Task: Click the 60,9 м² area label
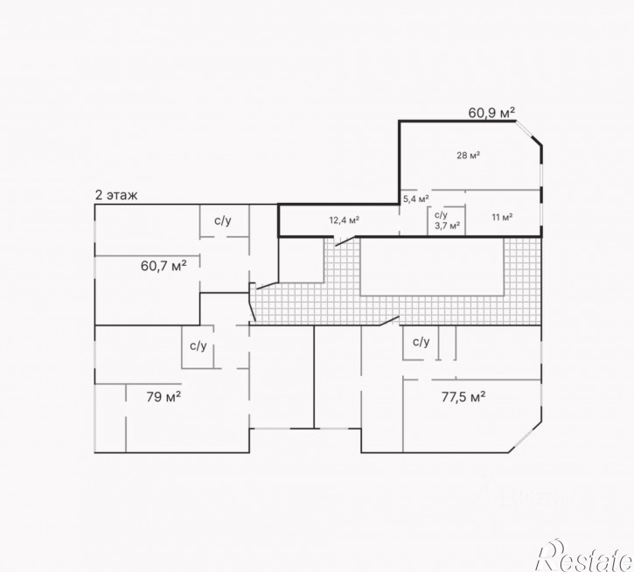coord(491,113)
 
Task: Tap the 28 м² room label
coord(468,155)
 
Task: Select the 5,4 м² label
coord(416,199)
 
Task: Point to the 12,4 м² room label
coord(344,220)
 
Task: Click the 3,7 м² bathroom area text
coord(447,226)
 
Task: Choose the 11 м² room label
coord(502,217)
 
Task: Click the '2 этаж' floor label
coord(116,195)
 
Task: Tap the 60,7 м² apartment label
coord(164,266)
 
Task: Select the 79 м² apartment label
coord(164,397)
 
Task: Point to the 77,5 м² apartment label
coord(463,397)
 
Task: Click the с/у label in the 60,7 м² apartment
coord(223,220)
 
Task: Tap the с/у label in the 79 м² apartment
coord(199,345)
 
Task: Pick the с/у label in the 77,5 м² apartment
coord(421,342)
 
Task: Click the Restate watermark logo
coord(584,555)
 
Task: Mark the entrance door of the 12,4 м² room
coord(345,241)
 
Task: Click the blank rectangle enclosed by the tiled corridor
coord(432,266)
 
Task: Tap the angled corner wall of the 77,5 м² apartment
coord(526,437)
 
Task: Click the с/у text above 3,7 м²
coord(441,215)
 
